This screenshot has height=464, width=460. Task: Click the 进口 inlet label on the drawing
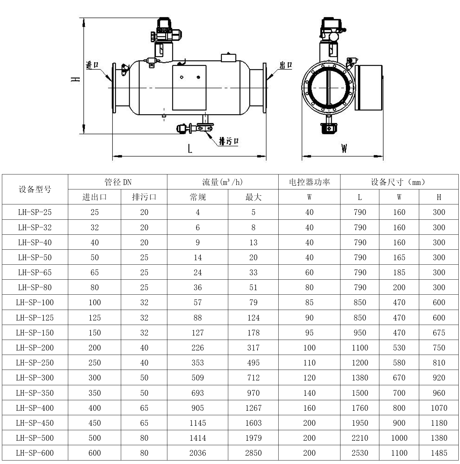92,65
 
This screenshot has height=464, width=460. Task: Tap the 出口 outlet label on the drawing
286,65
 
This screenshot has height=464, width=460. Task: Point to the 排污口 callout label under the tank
229,141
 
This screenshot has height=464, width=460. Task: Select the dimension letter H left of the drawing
75,79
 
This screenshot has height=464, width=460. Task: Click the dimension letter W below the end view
344,148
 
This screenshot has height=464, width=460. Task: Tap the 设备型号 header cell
35,189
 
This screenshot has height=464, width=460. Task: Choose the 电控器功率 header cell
309,182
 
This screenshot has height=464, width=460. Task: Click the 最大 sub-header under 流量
253,197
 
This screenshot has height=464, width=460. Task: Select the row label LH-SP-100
35,302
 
